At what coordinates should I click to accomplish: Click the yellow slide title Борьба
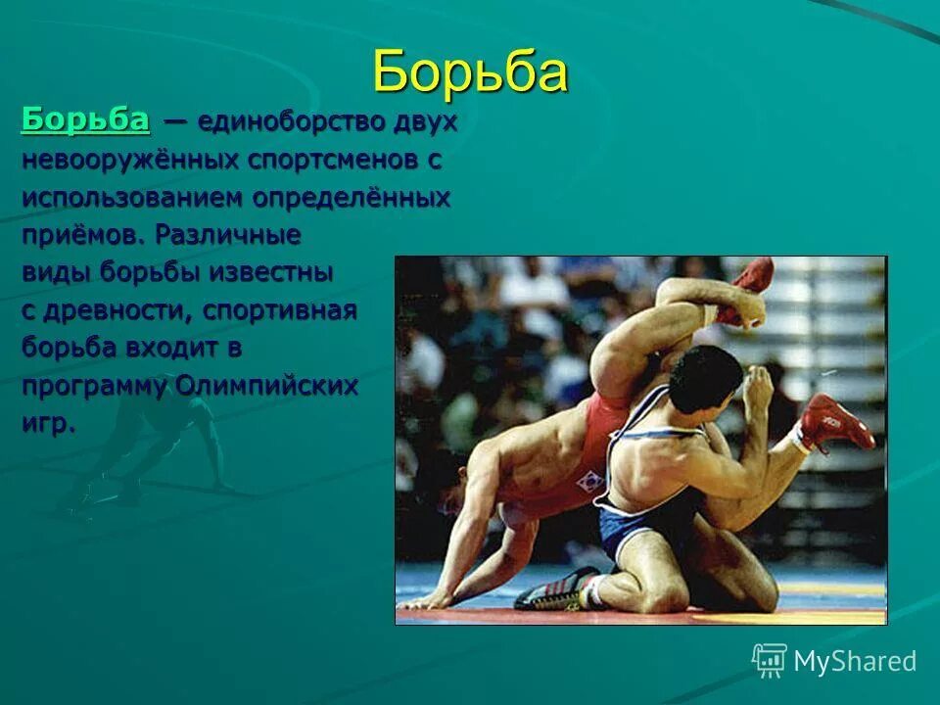[x=470, y=71]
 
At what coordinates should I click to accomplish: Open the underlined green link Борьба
[x=85, y=120]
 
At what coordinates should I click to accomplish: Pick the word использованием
[x=133, y=198]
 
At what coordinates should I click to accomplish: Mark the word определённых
[x=352, y=198]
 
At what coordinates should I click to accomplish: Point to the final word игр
[x=48, y=424]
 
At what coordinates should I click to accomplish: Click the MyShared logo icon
[x=769, y=661]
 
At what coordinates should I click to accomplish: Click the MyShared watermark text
[x=855, y=662]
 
